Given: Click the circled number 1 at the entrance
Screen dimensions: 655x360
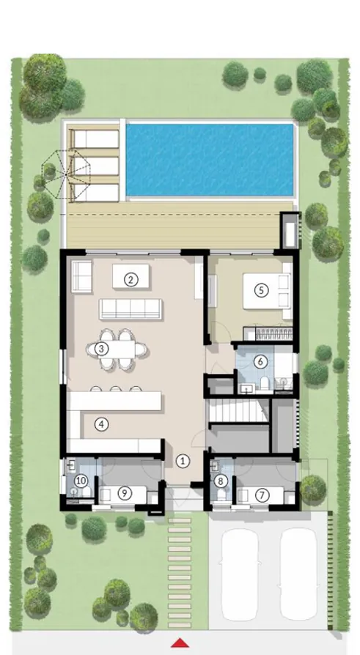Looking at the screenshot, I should pyautogui.click(x=183, y=460).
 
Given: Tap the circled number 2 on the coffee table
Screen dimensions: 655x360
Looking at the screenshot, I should pyautogui.click(x=131, y=278).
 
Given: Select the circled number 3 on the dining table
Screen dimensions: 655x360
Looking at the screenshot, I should pyautogui.click(x=103, y=349).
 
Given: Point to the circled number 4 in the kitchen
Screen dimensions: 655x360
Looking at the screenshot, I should pyautogui.click(x=103, y=423).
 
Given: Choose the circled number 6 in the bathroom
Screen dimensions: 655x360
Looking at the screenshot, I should pyautogui.click(x=259, y=360).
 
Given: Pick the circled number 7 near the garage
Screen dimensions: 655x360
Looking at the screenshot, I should pyautogui.click(x=261, y=495).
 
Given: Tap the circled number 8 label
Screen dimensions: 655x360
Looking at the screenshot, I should pyautogui.click(x=221, y=481).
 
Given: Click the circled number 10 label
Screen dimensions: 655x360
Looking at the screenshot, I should pyautogui.click(x=81, y=481).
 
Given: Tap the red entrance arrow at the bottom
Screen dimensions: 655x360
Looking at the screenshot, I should pyautogui.click(x=179, y=643).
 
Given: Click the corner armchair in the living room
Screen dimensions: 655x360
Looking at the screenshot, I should pyautogui.click(x=80, y=274).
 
